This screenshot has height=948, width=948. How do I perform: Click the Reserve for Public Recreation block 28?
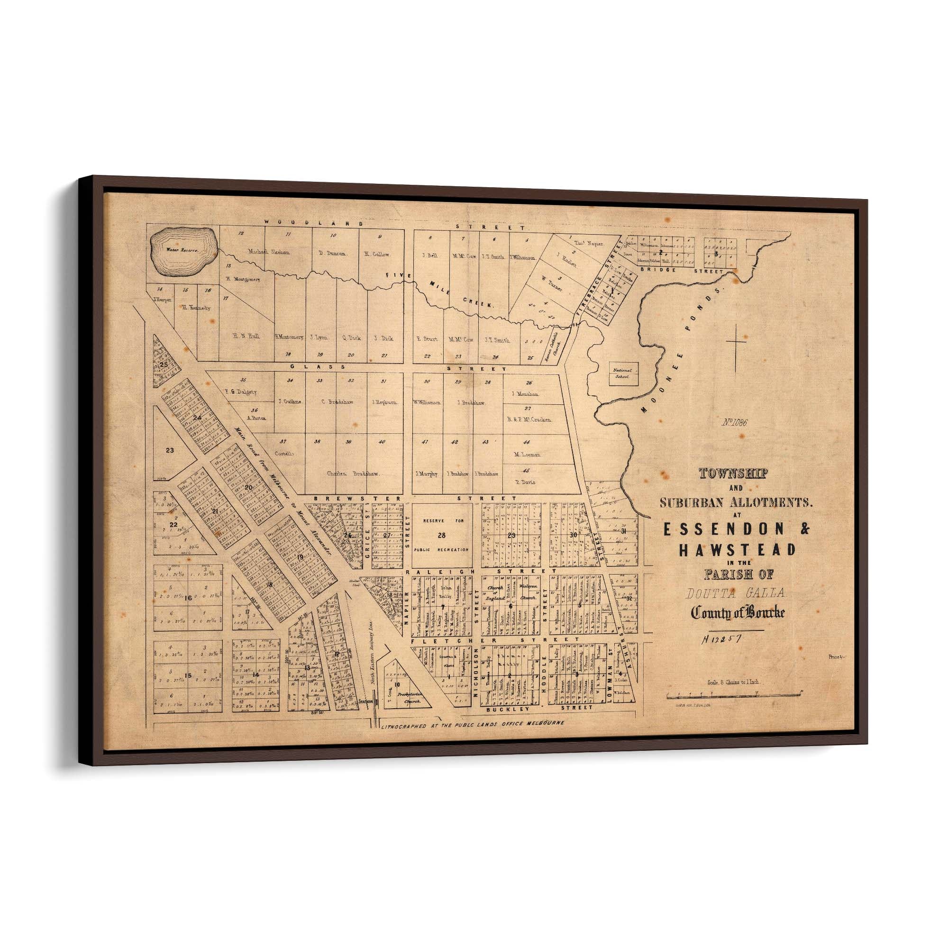pos(442,536)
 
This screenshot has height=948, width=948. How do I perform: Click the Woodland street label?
pos(314,222)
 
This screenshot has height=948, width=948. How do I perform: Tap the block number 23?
pos(170,450)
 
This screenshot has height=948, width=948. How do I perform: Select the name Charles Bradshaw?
pos(353,474)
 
